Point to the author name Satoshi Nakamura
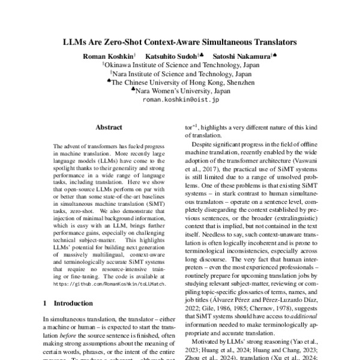241,55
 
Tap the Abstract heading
109,127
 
